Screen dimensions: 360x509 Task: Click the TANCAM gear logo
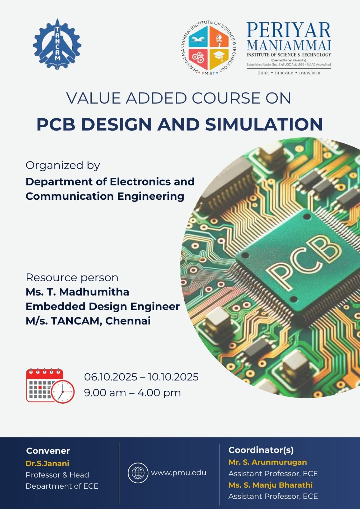[x=57, y=44]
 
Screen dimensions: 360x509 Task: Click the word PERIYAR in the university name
[x=289, y=30]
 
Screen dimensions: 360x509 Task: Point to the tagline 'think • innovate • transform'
[x=289, y=73]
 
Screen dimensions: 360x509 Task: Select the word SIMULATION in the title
[x=264, y=124]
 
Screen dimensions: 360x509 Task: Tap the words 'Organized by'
[x=63, y=166]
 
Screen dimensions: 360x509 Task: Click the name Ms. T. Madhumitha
[x=77, y=292]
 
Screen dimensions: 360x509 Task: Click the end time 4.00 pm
[x=159, y=393]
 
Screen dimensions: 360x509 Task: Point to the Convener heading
[x=48, y=451]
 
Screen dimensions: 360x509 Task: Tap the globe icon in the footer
[x=138, y=473]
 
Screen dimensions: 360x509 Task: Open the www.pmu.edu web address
[x=179, y=473]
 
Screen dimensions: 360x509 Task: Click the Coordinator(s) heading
[x=261, y=450]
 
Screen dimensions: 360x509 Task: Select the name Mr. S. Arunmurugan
[x=268, y=462]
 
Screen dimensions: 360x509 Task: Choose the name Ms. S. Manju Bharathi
[x=271, y=485]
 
